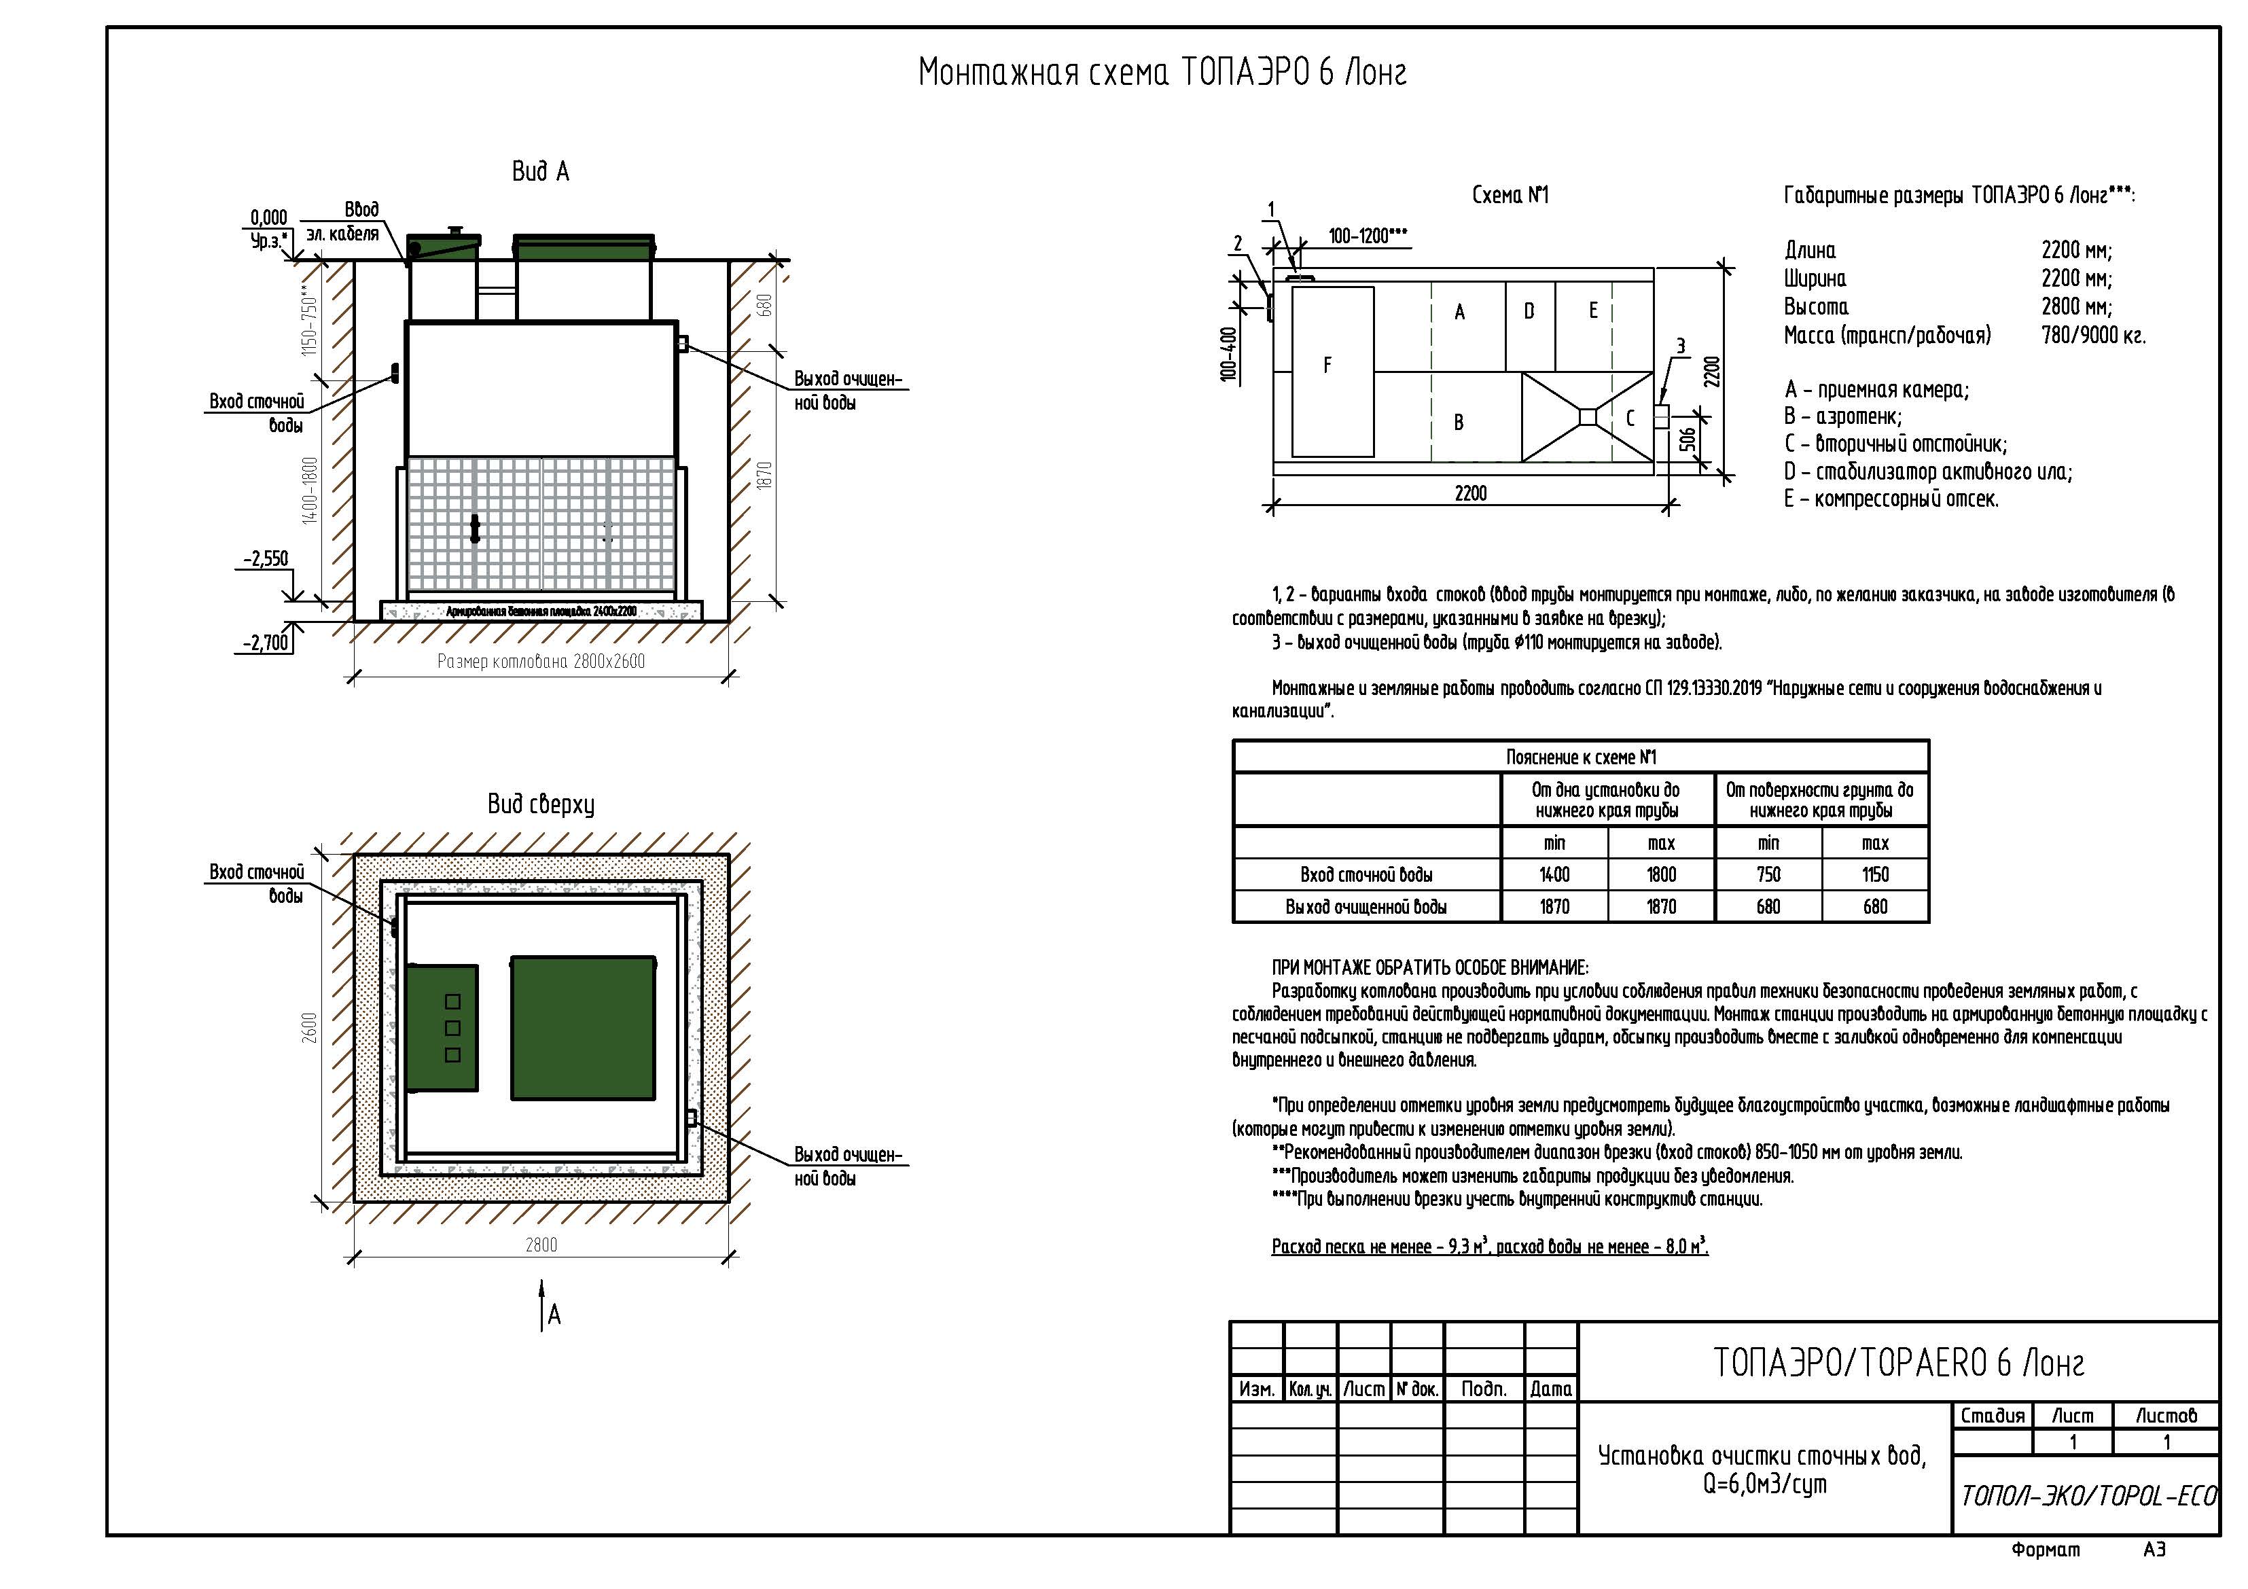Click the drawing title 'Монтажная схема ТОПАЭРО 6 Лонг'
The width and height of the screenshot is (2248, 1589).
(x=1162, y=73)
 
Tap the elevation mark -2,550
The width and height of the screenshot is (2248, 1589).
(x=266, y=559)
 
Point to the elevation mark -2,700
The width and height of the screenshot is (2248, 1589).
(x=266, y=642)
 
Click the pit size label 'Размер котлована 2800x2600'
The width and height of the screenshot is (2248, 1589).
(x=541, y=662)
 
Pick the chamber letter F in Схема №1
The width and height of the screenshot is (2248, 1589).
(x=1327, y=365)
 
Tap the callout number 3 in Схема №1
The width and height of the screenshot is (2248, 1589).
(x=1681, y=346)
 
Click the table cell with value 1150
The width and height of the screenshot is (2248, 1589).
(x=1875, y=875)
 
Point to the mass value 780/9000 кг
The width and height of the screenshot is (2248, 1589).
(x=2093, y=336)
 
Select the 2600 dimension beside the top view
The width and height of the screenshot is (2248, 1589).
(x=309, y=1027)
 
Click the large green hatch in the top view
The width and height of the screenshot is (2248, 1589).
(x=583, y=1028)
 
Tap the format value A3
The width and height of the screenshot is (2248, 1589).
(x=2154, y=1550)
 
